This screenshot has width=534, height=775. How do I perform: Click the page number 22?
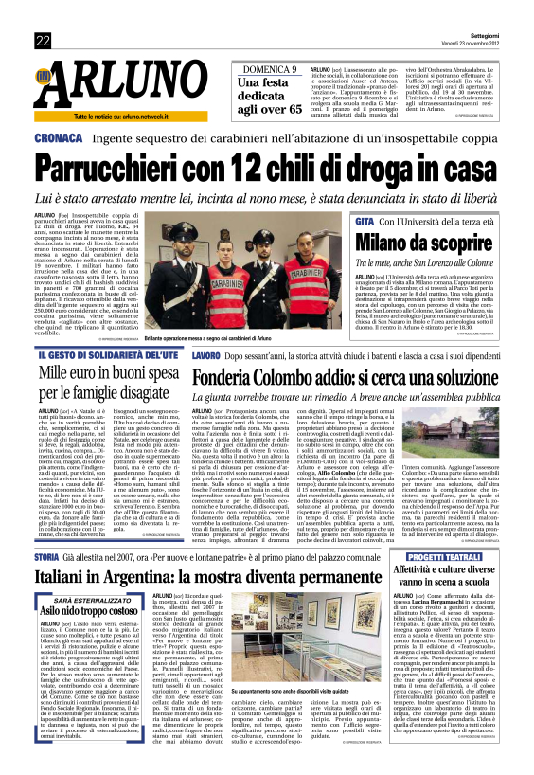pyautogui.click(x=43, y=39)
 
